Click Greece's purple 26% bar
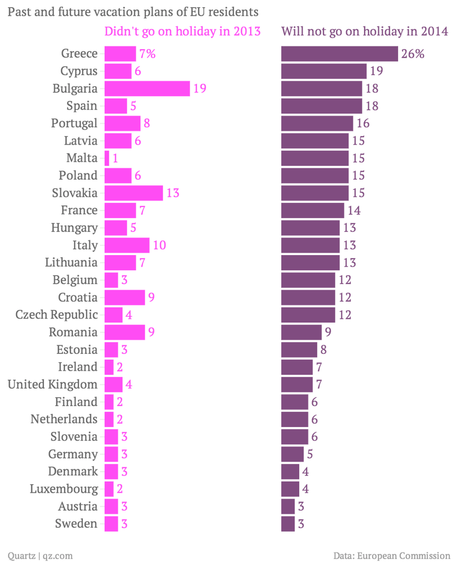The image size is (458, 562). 339,54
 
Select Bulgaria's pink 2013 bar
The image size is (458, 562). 147,89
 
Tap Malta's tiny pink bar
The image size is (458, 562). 107,158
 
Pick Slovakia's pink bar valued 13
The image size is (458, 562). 134,193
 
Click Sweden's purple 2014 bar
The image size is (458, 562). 288,524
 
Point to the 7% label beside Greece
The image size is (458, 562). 147,54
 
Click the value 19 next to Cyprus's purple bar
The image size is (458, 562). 376,72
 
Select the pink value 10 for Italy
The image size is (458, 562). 159,245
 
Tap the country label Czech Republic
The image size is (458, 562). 56,315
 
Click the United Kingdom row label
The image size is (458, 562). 52,385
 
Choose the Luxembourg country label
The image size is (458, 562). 63,489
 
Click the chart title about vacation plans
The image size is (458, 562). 133,11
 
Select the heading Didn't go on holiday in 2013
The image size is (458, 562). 182,32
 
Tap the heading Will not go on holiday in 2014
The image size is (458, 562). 365,32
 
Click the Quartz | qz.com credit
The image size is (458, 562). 40,555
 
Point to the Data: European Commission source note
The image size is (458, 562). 392,555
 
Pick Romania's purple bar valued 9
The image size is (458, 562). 302,332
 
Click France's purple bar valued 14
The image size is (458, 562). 312,211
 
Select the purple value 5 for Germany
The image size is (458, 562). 310,454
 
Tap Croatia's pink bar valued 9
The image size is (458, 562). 125,297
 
